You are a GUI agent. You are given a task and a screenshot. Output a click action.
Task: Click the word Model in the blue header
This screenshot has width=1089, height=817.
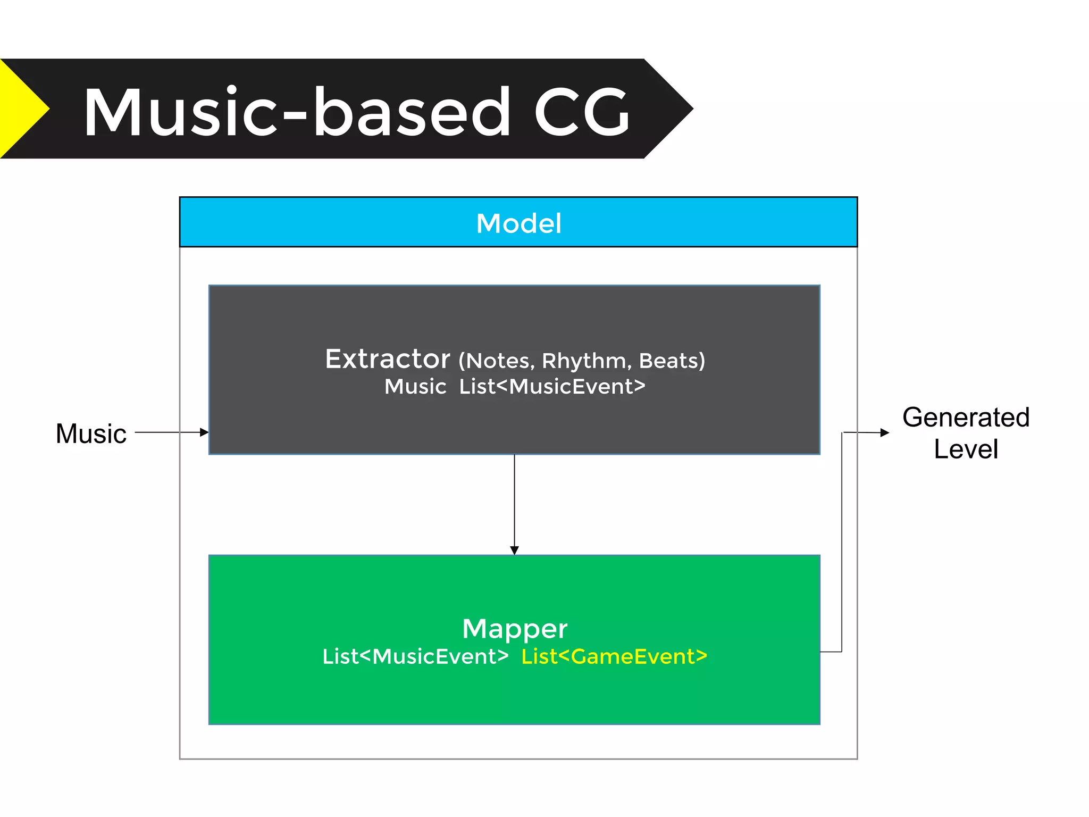pos(518,223)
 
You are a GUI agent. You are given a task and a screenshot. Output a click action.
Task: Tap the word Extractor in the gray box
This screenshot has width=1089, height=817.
pos(388,359)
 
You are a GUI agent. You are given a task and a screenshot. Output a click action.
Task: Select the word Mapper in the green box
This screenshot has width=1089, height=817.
pos(515,629)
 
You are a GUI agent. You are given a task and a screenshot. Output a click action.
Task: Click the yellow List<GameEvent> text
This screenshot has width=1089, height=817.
pos(614,656)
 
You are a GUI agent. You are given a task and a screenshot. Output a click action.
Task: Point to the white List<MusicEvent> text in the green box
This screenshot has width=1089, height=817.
pos(415,656)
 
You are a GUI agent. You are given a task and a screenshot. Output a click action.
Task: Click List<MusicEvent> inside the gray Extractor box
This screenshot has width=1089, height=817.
pos(552,387)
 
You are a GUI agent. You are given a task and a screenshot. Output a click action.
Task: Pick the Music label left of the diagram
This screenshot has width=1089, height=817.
pos(91,433)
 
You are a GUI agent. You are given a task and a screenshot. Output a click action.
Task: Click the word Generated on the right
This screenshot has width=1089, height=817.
pos(966,417)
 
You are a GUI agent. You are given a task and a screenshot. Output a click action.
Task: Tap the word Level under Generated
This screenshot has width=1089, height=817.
pos(966,449)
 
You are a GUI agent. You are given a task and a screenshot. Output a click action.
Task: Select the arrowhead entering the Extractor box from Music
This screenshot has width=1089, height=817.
pos(204,432)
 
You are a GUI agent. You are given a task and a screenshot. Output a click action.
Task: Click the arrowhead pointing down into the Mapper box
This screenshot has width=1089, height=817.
pos(514,550)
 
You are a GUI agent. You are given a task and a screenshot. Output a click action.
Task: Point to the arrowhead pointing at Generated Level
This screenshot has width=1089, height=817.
pos(885,433)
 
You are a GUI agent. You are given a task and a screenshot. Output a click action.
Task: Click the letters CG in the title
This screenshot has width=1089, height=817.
pos(582,113)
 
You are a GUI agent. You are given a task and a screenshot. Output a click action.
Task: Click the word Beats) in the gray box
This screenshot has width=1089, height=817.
pos(672,361)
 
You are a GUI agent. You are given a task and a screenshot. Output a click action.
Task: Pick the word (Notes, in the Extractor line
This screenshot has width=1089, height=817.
pos(497,361)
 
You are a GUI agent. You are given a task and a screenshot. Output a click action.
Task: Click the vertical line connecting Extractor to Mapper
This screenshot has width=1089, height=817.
pos(514,500)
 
